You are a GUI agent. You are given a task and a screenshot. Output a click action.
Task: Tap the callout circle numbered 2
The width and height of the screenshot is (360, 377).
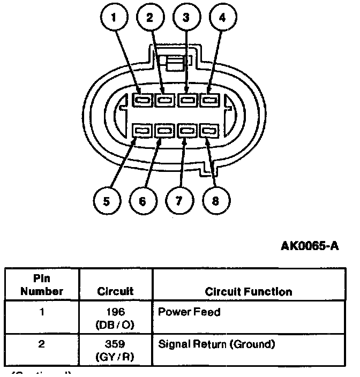[x=150, y=17]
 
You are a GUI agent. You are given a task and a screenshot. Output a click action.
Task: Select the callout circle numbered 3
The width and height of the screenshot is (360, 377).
[x=186, y=17]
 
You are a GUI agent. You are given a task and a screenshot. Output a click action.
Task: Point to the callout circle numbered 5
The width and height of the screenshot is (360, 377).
[x=107, y=201]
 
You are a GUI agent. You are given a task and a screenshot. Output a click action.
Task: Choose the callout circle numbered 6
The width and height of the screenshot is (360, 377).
[x=142, y=201]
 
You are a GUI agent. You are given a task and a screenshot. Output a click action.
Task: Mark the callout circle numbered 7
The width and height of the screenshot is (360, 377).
[x=178, y=201]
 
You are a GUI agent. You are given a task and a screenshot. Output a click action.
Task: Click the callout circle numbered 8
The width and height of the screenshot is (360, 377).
[x=215, y=201]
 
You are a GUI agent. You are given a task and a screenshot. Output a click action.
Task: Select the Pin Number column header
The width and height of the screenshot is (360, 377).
[x=42, y=286]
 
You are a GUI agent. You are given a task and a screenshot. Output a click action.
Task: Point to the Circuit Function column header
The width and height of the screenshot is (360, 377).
[x=249, y=292]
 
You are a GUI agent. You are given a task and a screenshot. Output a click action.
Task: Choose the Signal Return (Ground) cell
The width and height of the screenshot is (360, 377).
[x=216, y=344]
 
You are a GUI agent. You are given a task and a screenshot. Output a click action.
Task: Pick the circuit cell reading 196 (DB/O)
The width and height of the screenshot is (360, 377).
[x=115, y=317]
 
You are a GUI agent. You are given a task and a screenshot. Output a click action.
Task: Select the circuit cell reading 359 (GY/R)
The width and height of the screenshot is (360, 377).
[x=115, y=350]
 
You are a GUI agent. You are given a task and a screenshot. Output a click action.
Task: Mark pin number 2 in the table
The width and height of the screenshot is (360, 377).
[x=42, y=344]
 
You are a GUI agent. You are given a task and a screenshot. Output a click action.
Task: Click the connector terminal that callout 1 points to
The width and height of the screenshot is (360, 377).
[x=142, y=100]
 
